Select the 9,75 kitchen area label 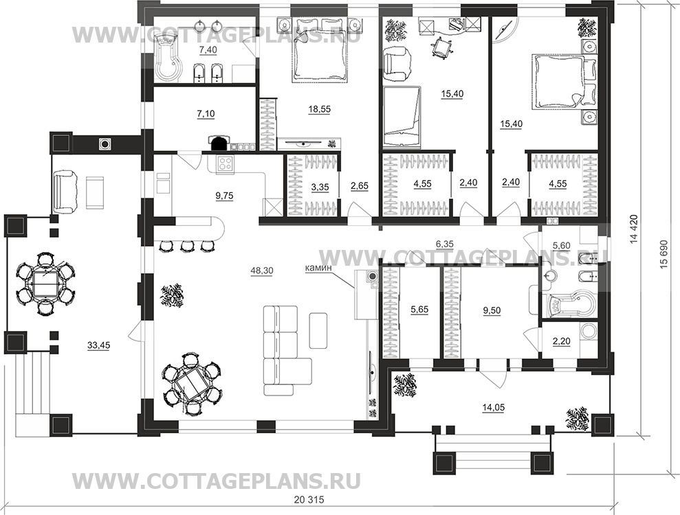(224, 194)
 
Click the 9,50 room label (492, 310)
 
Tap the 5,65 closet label (418, 310)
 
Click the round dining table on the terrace (45, 283)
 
